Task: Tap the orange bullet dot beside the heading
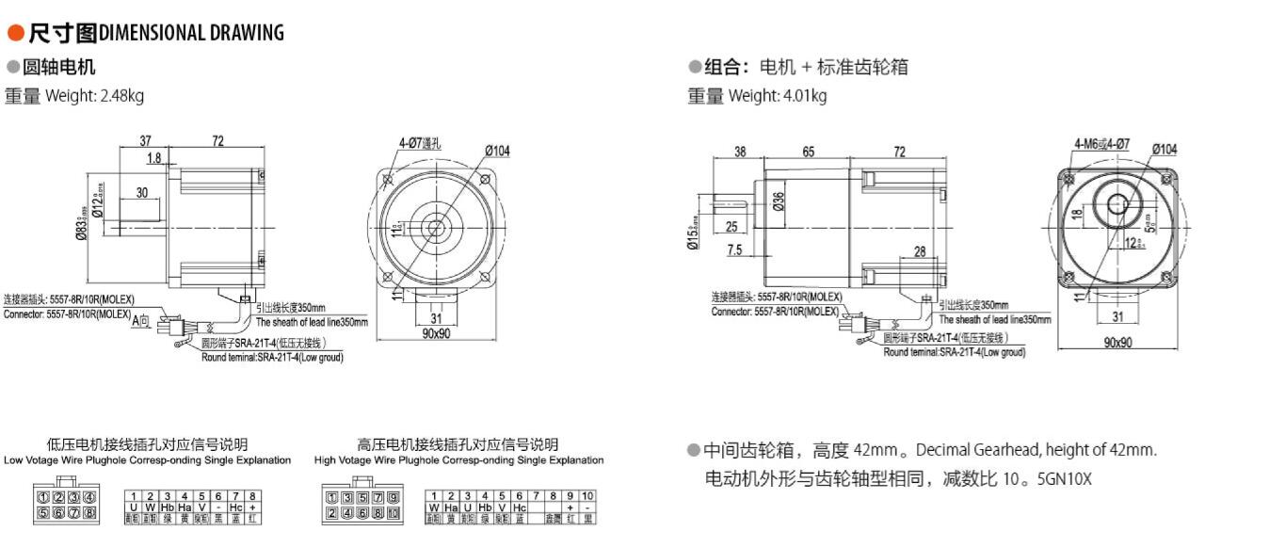tap(15, 33)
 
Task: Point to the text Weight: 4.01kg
tap(778, 96)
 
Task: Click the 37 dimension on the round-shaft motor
tap(145, 141)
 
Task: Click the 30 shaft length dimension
tap(141, 193)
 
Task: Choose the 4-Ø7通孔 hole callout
tap(420, 144)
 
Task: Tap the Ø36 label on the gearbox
tap(779, 201)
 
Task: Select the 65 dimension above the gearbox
tap(809, 151)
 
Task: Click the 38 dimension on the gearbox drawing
tap(740, 151)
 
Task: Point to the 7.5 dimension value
tap(735, 250)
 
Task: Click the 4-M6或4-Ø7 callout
tap(1101, 145)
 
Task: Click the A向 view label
tap(140, 321)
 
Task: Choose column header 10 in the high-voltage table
tap(587, 495)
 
